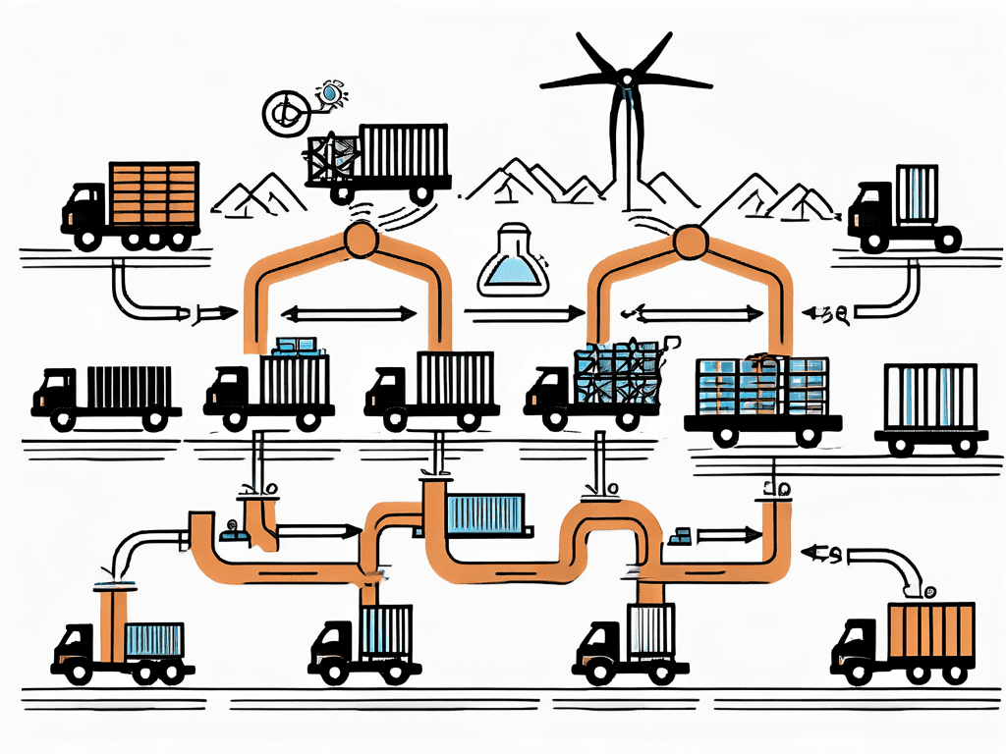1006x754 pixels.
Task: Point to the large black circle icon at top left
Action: tap(286, 113)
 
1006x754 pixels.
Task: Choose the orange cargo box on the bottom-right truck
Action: tap(929, 633)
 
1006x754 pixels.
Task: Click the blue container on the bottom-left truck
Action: tap(153, 640)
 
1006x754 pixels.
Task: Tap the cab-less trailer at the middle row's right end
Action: tap(930, 403)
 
